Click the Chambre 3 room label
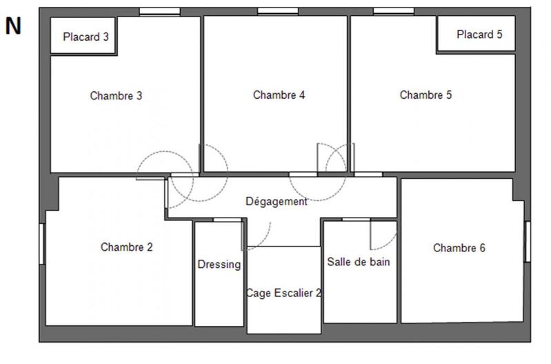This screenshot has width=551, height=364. click(116, 96)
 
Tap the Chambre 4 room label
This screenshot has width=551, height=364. click(279, 95)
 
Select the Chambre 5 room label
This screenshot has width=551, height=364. click(425, 95)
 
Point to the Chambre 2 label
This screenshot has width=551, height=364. click(126, 247)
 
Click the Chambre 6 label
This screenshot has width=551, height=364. click(459, 247)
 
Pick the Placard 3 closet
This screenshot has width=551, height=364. click(86, 37)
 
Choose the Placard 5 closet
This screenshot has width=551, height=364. click(479, 34)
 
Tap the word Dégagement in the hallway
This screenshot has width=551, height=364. click(276, 202)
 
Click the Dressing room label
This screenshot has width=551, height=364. click(219, 264)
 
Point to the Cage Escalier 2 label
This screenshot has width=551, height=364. click(284, 292)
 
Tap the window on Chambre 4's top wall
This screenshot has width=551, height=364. click(278, 11)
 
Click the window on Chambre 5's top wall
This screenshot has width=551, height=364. click(393, 11)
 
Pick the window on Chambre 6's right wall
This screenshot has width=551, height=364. click(528, 241)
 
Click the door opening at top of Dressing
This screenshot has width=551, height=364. click(222, 220)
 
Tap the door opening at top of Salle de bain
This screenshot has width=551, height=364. click(356, 220)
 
